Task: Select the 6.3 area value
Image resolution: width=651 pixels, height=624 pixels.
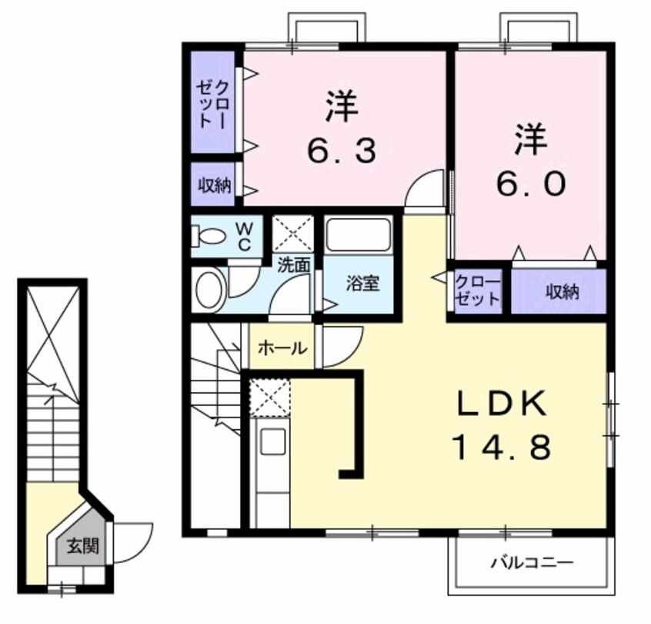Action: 342,151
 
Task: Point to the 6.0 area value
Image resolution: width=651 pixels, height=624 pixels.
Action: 531,183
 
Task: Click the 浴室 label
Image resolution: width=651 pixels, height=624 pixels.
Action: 361,283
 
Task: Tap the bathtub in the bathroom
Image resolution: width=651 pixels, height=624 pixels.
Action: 359,235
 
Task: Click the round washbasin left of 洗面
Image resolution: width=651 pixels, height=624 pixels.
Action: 208,290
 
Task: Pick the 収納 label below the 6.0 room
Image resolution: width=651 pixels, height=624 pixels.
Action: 563,292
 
